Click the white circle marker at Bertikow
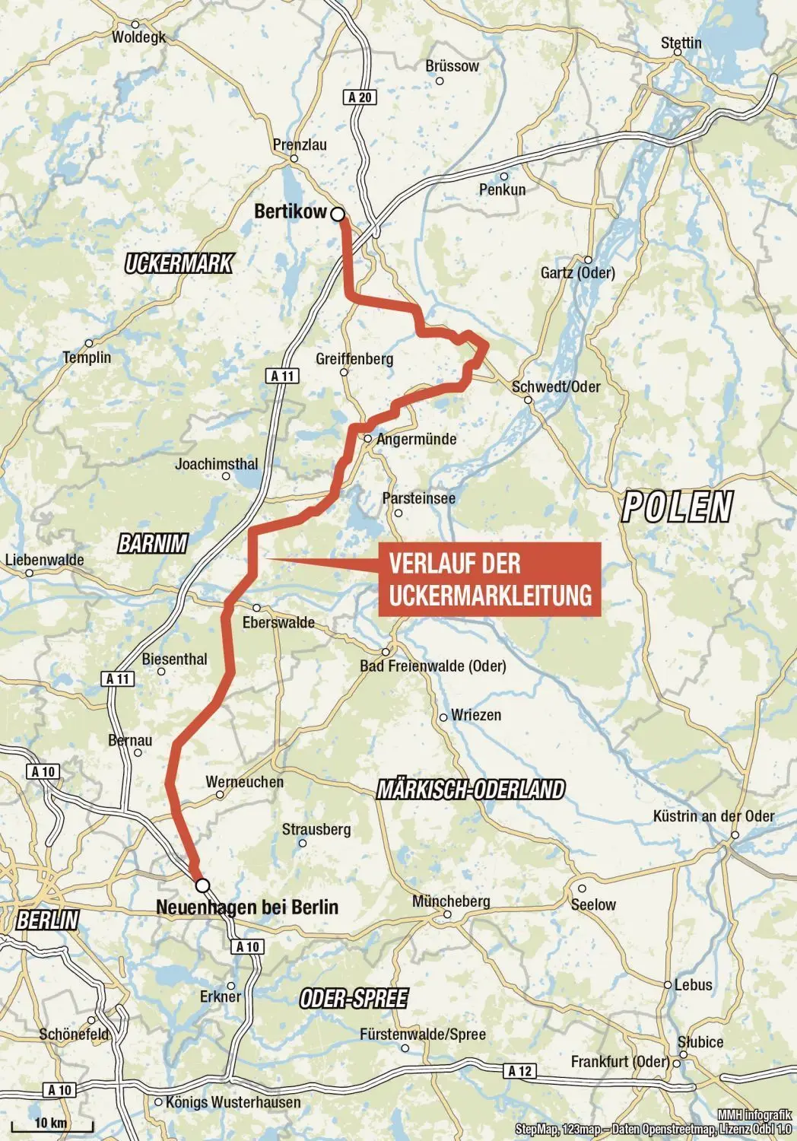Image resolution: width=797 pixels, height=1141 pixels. point(338,215)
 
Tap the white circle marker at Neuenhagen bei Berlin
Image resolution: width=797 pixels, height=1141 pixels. point(202,885)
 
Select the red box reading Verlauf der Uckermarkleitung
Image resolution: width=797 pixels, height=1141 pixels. point(490,579)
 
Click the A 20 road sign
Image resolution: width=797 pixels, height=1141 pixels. point(360,97)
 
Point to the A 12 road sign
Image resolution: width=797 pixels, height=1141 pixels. point(519,1071)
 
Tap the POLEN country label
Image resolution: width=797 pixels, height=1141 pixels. point(678,507)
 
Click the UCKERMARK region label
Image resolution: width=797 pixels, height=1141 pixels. point(179,264)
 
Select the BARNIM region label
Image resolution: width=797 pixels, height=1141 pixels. point(152,544)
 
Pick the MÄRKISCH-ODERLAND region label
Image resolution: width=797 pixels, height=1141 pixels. point(472,790)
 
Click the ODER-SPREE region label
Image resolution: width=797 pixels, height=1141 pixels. point(354,998)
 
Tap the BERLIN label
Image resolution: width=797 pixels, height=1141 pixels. point(47,920)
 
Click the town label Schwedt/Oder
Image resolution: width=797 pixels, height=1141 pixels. point(556,386)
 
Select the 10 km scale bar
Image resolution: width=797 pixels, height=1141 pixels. point(62,1124)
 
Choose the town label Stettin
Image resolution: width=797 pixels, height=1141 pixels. point(681,43)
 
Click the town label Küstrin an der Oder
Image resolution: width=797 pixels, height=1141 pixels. point(713,816)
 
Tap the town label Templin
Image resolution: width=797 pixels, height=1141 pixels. point(87,358)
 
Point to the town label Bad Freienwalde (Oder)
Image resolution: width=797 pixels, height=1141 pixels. point(433,666)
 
